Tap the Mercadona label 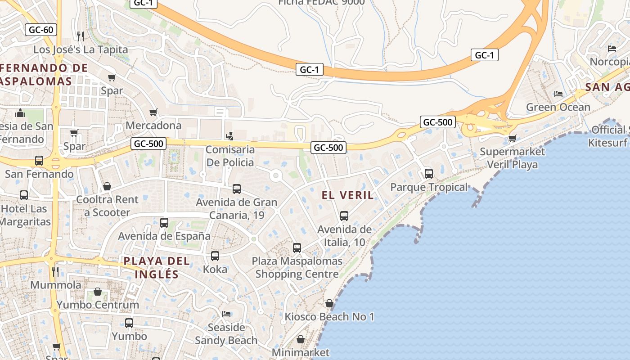pos(153,125)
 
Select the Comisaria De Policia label pos(230,156)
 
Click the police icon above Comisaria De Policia pos(230,135)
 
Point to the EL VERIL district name pos(348,195)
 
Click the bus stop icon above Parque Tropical pos(429,173)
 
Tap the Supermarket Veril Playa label pos(512,158)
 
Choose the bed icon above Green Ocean pos(558,94)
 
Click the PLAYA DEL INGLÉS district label pos(151,267)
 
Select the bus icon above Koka pos(215,256)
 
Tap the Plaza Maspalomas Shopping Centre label pos(297,267)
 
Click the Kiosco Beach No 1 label pos(329,317)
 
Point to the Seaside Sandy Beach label pos(226,334)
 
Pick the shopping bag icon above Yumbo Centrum pos(97,292)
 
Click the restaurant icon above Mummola pos(55,271)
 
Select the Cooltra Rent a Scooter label pos(107,206)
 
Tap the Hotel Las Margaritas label pos(24,215)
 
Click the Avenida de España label pos(164,236)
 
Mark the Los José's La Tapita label pos(81,49)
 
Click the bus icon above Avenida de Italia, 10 pos(344,216)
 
